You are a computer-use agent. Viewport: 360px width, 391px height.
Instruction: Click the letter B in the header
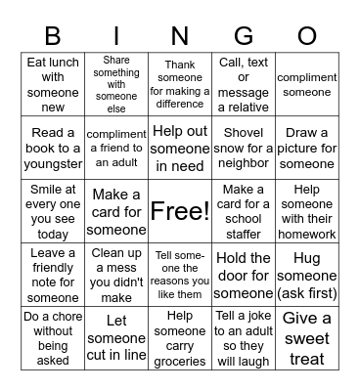(x=53, y=37)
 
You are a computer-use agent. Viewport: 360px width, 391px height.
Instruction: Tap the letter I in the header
(x=116, y=37)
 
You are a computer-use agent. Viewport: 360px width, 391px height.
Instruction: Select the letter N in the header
(x=180, y=37)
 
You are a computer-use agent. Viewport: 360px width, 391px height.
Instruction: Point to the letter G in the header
(x=244, y=37)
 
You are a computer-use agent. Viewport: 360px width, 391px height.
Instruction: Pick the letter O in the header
(x=307, y=37)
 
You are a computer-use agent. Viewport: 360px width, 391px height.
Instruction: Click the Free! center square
(x=180, y=211)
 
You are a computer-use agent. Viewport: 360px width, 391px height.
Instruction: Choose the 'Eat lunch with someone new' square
(x=53, y=84)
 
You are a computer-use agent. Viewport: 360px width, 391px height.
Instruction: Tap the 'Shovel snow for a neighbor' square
(x=244, y=148)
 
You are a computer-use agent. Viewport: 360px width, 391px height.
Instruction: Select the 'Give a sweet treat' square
(x=307, y=338)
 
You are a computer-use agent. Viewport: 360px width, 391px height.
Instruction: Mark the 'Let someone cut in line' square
(x=116, y=338)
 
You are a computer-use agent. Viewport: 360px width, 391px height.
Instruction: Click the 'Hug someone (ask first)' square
(x=307, y=275)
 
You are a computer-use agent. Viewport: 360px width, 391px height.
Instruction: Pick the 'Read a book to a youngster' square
(x=53, y=148)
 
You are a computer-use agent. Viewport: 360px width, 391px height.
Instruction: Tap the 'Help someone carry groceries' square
(x=180, y=338)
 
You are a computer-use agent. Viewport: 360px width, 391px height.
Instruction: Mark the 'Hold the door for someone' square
(x=244, y=275)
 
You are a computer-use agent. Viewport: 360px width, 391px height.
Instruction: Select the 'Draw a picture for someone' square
(x=307, y=148)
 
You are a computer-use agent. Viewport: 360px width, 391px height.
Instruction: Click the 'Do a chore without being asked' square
(x=53, y=338)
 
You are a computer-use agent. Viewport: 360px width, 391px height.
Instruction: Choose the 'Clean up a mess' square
(x=116, y=275)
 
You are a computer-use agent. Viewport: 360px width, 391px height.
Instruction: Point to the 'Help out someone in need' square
(x=180, y=148)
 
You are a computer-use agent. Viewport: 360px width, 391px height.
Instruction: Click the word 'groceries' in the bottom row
(x=180, y=360)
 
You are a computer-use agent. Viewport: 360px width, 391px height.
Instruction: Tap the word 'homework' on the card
(x=307, y=234)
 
